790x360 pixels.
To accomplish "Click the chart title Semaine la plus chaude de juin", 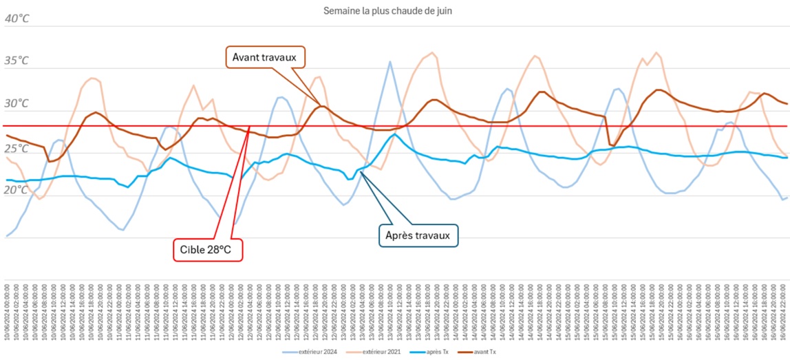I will click(x=387, y=11).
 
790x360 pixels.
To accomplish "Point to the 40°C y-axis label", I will click(x=17, y=19).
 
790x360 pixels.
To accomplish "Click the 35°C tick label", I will click(x=17, y=61).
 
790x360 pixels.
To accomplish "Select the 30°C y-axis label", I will click(x=17, y=103).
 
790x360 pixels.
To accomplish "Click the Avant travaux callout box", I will click(x=264, y=57).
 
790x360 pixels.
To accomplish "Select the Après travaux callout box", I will click(x=417, y=235).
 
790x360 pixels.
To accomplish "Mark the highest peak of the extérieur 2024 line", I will click(x=390, y=61).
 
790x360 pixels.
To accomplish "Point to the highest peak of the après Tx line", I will click(x=393, y=134).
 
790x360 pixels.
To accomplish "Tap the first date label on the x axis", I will click(x=6, y=314).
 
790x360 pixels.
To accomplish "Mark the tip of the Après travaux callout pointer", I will click(x=360, y=172).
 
